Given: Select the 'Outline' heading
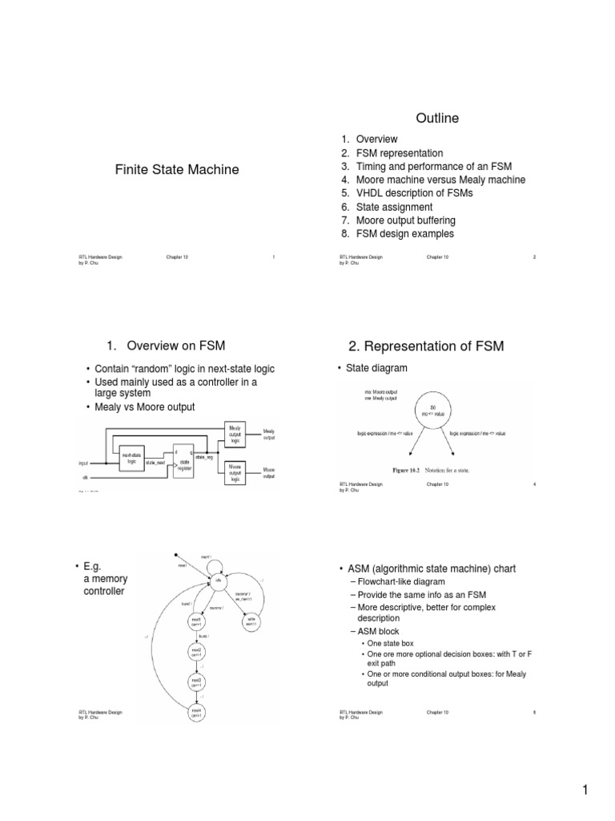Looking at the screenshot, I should coord(436,119).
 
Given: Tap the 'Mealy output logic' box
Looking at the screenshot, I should coord(235,434).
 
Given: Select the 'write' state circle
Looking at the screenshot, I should coord(250,620).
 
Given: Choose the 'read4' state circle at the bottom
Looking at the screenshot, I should coord(195,711).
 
